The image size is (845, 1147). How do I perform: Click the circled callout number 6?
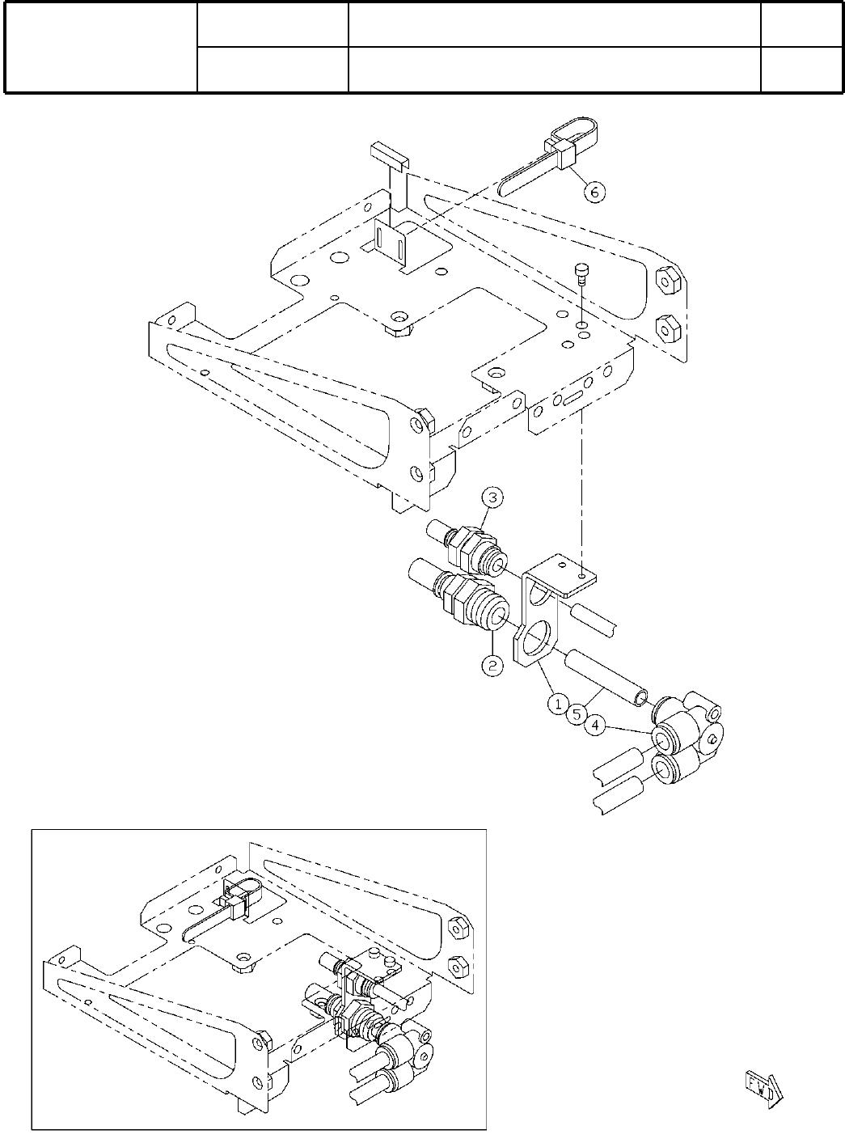click(x=594, y=192)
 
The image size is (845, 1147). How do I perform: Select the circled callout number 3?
click(x=494, y=496)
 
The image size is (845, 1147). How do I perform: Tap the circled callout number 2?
click(x=492, y=666)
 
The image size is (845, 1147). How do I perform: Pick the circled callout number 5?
click(x=577, y=714)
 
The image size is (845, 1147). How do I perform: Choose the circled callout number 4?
click(x=594, y=726)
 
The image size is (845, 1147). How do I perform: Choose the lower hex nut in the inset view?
click(x=455, y=964)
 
